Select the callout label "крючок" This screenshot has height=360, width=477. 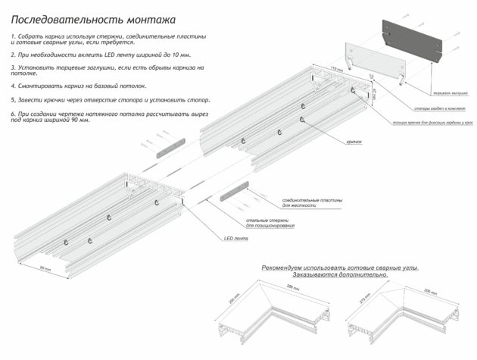[354, 142]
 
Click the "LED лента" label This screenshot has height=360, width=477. [235, 238]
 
